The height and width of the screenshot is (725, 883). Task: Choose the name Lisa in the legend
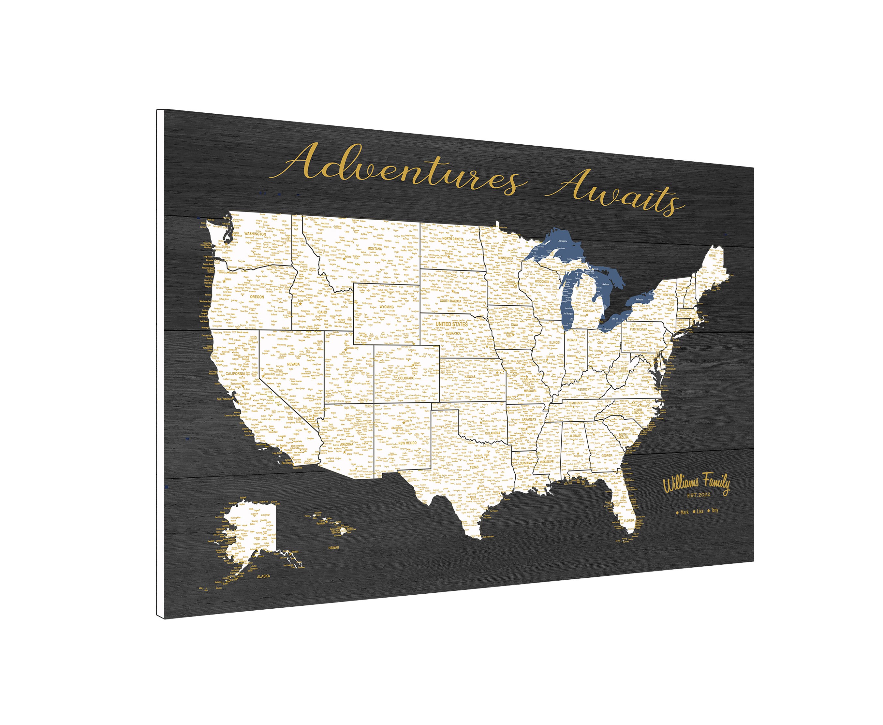[699, 511]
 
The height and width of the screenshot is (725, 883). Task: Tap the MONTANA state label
[374, 249]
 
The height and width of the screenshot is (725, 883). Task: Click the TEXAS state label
[474, 467]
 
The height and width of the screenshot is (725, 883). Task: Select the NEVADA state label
[293, 364]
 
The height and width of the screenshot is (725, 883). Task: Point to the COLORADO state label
[406, 378]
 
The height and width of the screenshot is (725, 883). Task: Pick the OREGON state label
[257, 297]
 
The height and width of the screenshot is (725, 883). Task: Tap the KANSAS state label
[470, 376]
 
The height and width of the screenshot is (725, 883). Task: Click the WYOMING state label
[386, 307]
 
